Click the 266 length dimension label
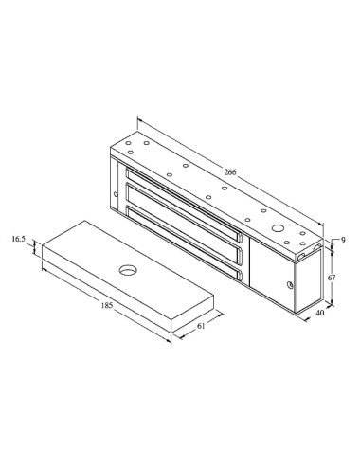(x=231, y=171)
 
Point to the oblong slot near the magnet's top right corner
(x=306, y=252)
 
